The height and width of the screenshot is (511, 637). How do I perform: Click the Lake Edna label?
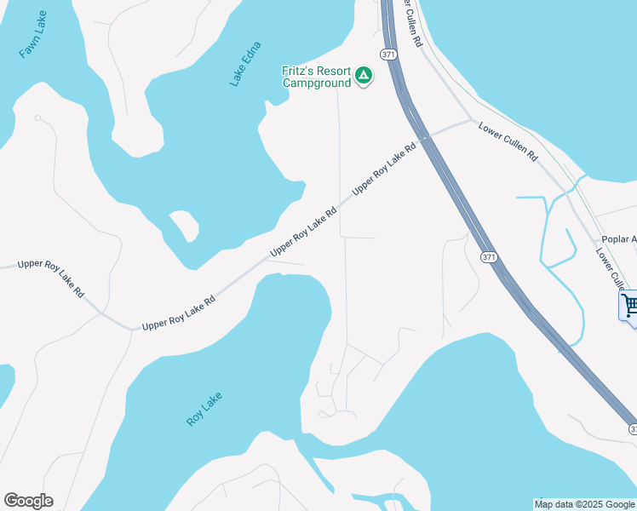[245, 63]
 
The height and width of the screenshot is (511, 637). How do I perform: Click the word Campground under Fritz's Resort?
[317, 83]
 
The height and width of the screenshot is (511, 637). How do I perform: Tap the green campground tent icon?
[364, 76]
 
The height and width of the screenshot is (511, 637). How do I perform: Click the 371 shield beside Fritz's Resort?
[389, 55]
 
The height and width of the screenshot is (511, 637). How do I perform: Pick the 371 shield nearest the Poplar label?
[488, 256]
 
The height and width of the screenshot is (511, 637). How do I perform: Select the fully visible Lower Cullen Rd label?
[508, 141]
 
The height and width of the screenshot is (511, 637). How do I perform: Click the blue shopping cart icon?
[630, 305]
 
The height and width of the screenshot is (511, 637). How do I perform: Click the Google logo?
[28, 501]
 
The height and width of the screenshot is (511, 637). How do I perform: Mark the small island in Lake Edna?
[184, 226]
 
